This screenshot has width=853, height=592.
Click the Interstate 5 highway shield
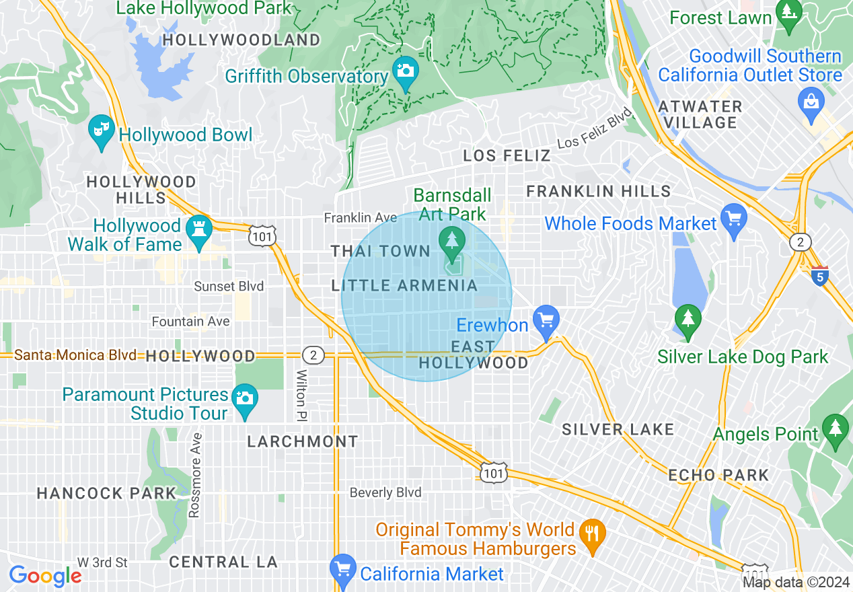click(x=819, y=276)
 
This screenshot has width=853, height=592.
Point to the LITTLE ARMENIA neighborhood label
click(x=404, y=286)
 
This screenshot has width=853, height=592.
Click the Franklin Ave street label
click(x=360, y=217)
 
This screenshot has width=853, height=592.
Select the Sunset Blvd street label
click(x=229, y=287)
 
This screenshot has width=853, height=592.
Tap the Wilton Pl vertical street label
click(x=301, y=394)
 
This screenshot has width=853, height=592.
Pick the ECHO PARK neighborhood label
click(x=718, y=475)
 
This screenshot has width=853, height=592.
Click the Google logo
click(x=45, y=576)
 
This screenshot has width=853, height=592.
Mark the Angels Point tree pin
click(x=835, y=429)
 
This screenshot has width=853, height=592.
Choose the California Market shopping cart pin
click(x=343, y=569)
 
